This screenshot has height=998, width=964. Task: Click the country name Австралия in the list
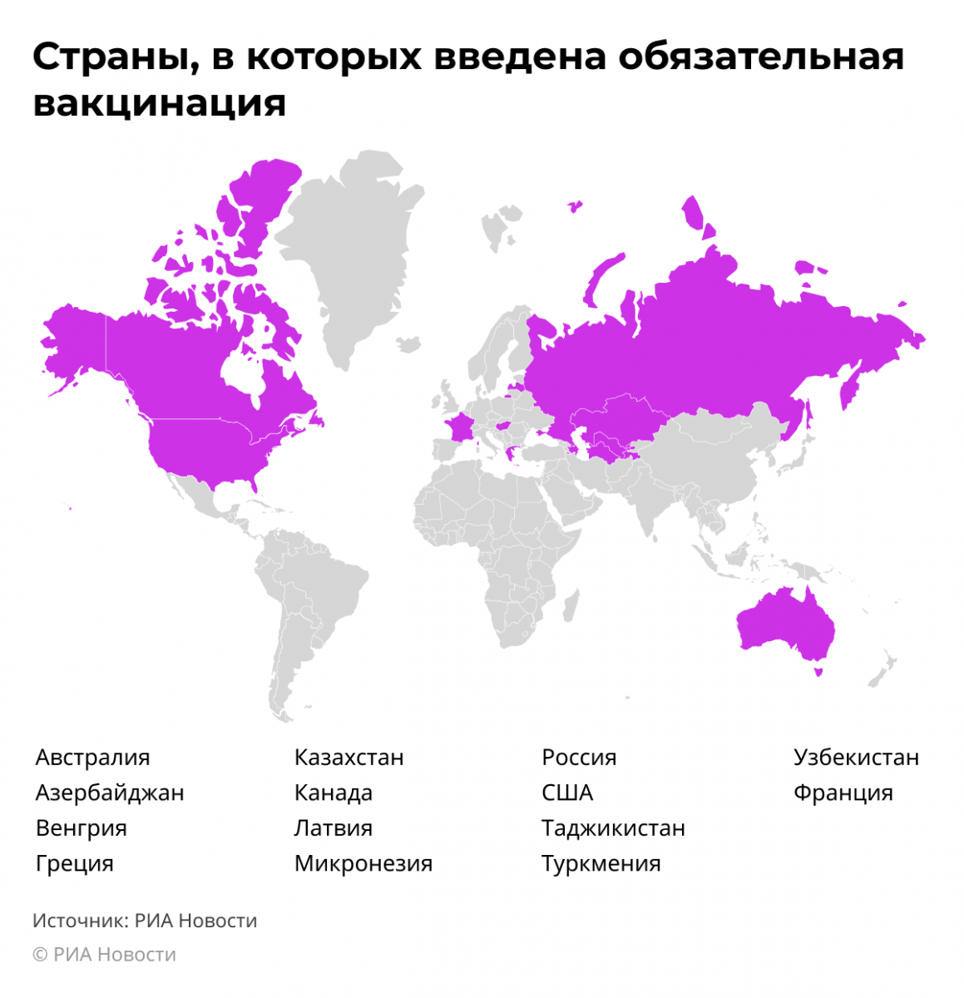[x=92, y=758]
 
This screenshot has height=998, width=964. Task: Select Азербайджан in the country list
[x=109, y=793]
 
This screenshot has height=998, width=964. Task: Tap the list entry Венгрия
[x=81, y=828]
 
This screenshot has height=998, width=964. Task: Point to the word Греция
[x=74, y=863]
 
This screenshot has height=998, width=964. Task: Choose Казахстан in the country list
[x=349, y=758]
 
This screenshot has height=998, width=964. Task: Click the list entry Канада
[x=333, y=793]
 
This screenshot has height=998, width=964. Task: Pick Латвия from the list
[x=333, y=828]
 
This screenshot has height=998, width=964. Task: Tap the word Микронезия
[x=363, y=863]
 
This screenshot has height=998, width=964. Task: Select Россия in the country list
[x=579, y=758]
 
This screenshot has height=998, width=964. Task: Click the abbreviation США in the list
[x=567, y=793]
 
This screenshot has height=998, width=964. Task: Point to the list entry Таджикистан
[x=613, y=828]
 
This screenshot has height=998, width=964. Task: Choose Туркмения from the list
[x=601, y=863]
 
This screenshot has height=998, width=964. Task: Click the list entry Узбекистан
[x=856, y=758]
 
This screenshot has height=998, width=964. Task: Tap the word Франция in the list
[x=843, y=793]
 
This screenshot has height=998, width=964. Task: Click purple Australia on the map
[x=782, y=624]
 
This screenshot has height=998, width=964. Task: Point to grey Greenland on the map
[x=349, y=249]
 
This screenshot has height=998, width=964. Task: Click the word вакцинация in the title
[x=159, y=103]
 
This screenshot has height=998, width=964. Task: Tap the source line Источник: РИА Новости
[x=145, y=921]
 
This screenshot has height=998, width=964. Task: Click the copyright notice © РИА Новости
[x=104, y=955]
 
